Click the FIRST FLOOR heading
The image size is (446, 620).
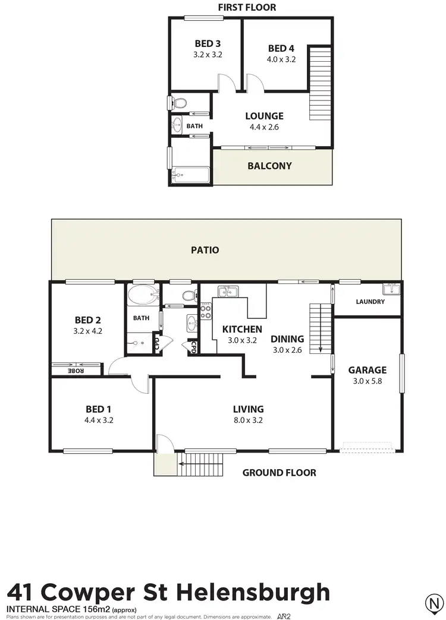point(247,7)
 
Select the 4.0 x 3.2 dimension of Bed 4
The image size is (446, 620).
point(282,59)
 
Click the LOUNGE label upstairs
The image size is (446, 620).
point(265,116)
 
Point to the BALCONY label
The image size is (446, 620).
point(269,166)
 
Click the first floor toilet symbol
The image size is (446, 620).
point(179,102)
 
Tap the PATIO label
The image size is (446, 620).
point(205,250)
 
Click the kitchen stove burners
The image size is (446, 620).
point(206,311)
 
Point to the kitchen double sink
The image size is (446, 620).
point(228,291)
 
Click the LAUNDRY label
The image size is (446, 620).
point(370,302)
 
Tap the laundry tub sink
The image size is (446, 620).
point(392,289)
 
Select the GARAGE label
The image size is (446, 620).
point(367,370)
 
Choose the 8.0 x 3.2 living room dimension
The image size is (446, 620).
point(248,420)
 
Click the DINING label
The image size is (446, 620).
point(287,339)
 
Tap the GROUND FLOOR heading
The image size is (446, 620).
point(279,473)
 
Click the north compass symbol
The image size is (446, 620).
point(435,605)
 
